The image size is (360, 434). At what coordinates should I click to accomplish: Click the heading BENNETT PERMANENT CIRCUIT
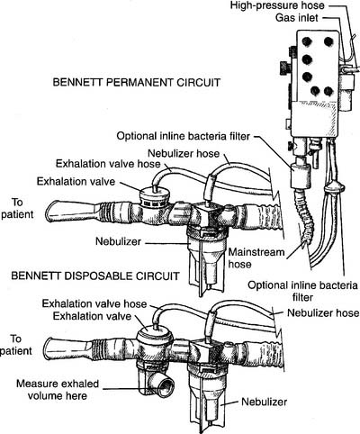[137, 82]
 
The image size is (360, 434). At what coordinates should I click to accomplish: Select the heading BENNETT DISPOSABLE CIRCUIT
[95, 276]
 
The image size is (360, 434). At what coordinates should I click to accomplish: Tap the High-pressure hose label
[277, 5]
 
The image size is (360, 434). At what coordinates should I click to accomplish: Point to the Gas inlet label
[297, 18]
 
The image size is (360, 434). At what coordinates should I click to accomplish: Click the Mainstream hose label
[256, 258]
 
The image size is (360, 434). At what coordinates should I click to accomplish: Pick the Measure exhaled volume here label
[58, 389]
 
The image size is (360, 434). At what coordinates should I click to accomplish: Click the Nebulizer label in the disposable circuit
[265, 402]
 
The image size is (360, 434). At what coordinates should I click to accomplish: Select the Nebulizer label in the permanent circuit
[118, 241]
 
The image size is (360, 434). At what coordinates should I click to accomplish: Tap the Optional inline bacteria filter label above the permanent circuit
[183, 136]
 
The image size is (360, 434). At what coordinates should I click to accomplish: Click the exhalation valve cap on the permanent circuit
[153, 196]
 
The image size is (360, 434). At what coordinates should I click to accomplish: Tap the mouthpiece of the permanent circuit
[72, 211]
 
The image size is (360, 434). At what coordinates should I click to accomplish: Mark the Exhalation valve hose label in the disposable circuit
[94, 303]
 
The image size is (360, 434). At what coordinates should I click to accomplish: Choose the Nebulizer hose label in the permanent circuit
[184, 153]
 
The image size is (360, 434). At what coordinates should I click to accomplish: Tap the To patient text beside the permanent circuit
[17, 208]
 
